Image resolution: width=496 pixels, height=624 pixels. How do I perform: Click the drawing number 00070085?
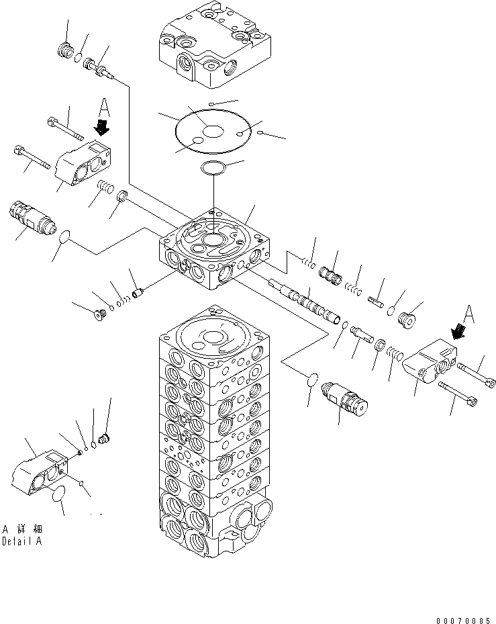tap(463, 621)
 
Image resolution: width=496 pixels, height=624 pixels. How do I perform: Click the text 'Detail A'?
tap(22, 541)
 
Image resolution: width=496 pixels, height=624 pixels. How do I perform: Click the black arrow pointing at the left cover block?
tap(102, 128)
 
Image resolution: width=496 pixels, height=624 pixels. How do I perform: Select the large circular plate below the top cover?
tap(213, 131)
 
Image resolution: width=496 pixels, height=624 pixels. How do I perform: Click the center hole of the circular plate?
tap(213, 132)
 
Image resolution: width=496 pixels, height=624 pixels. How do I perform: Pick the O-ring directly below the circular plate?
tap(213, 167)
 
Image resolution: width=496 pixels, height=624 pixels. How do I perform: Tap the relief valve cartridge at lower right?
tap(344, 399)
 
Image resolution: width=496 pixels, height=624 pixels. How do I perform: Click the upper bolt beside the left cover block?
tap(65, 128)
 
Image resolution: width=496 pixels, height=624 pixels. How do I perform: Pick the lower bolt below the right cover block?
tap(458, 394)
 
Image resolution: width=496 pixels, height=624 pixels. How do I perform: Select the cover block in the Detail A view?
tap(40, 471)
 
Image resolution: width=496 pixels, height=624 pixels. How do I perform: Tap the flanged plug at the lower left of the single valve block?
tap(99, 314)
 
